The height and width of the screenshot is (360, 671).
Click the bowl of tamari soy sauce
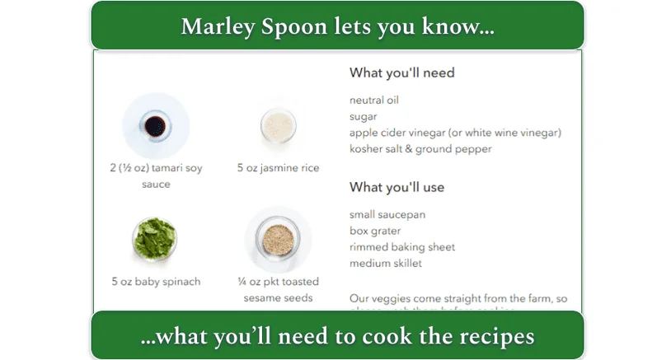(x=155, y=126)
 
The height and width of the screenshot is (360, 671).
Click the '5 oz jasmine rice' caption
(x=278, y=168)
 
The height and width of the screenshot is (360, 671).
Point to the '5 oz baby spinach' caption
(x=156, y=282)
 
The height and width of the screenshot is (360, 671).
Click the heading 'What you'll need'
(x=401, y=72)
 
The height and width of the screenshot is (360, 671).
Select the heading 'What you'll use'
(x=396, y=187)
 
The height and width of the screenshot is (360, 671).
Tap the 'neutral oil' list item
(x=373, y=100)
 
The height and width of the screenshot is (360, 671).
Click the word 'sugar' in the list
(x=364, y=116)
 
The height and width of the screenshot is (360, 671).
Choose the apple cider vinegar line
(x=455, y=133)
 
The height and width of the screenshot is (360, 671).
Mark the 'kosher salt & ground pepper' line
(x=420, y=149)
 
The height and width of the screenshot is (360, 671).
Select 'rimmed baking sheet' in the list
(x=402, y=247)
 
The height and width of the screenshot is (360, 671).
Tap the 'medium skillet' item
(x=386, y=264)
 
